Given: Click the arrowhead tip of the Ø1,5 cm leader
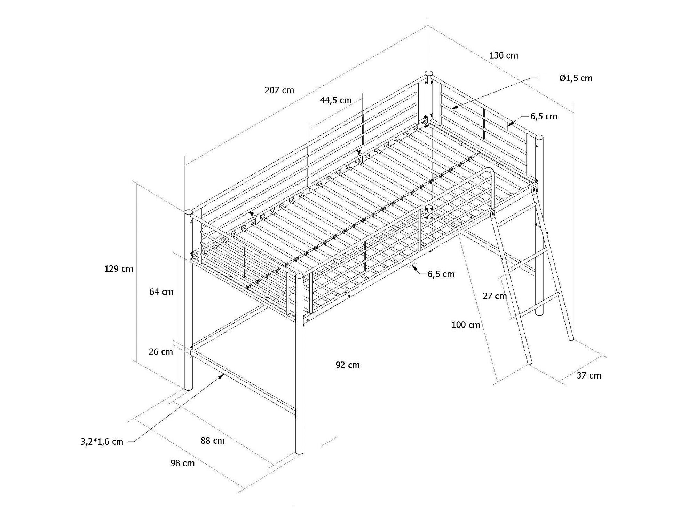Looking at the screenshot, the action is click(452, 109).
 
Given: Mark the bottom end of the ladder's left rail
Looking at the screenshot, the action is click(529, 364).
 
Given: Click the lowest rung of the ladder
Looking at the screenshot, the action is click(539, 304).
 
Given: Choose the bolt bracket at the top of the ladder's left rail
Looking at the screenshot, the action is click(492, 215).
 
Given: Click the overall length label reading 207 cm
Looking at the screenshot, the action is click(279, 91).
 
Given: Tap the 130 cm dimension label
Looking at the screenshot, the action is click(504, 55).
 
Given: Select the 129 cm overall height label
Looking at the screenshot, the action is click(119, 269).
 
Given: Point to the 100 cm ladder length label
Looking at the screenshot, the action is click(466, 325).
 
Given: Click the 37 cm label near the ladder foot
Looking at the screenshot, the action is click(589, 375).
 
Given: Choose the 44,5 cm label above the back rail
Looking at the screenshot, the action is click(336, 101).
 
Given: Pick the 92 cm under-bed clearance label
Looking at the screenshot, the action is click(348, 365).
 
